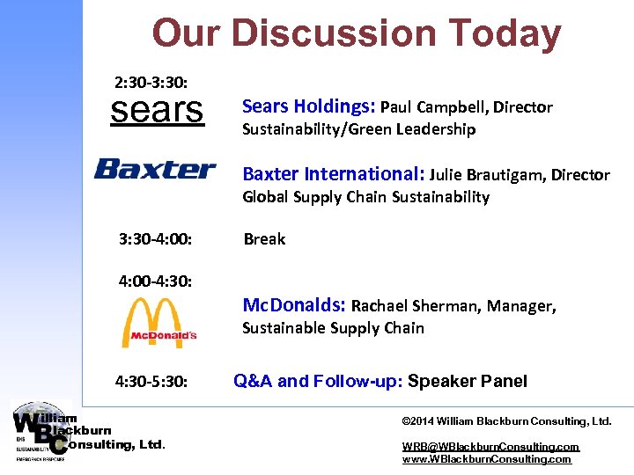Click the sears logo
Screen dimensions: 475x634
pyautogui.click(x=156, y=111)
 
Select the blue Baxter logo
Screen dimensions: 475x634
pyautogui.click(x=155, y=169)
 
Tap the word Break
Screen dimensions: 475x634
pyautogui.click(x=264, y=238)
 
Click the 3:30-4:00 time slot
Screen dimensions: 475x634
pyautogui.click(x=156, y=238)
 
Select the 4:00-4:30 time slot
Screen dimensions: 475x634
pyautogui.click(x=156, y=282)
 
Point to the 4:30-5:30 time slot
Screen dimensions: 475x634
pyautogui.click(x=151, y=382)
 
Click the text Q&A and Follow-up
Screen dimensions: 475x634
pyautogui.click(x=318, y=381)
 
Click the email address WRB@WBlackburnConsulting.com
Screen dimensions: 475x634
pyautogui.click(x=490, y=447)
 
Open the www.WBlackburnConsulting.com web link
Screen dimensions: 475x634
pyautogui.click(x=486, y=459)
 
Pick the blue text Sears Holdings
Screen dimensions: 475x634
pyautogui.click(x=308, y=107)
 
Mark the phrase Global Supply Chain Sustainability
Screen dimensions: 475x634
pyautogui.click(x=365, y=197)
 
